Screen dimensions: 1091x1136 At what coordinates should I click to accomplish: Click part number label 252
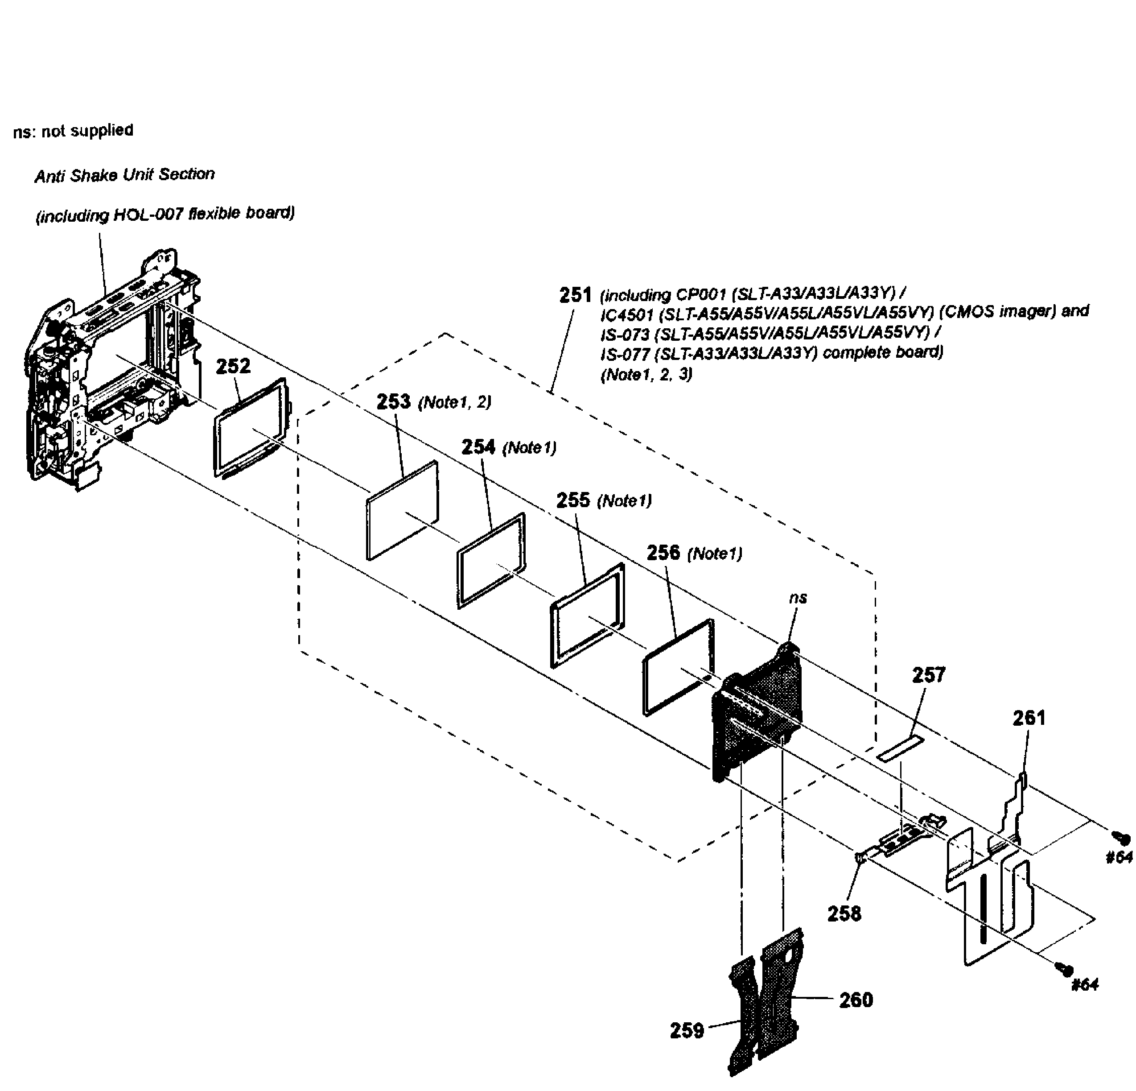pos(233,366)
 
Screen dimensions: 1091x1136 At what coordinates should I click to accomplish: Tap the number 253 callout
pos(394,402)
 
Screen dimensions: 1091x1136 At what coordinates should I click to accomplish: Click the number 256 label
pos(663,553)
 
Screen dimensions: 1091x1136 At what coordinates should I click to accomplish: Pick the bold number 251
pos(575,295)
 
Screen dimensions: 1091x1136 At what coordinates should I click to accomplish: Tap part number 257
pos(929,675)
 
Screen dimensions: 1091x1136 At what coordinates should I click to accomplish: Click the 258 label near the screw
pos(844,914)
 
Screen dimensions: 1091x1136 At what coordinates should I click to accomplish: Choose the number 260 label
pos(856,1000)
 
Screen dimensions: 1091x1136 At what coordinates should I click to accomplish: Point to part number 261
pos(1029,718)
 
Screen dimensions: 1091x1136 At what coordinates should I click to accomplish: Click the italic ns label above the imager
pos(798,598)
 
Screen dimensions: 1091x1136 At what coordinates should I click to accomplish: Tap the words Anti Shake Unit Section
pos(125,174)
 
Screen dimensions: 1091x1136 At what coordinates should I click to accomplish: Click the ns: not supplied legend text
pos(73,130)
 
